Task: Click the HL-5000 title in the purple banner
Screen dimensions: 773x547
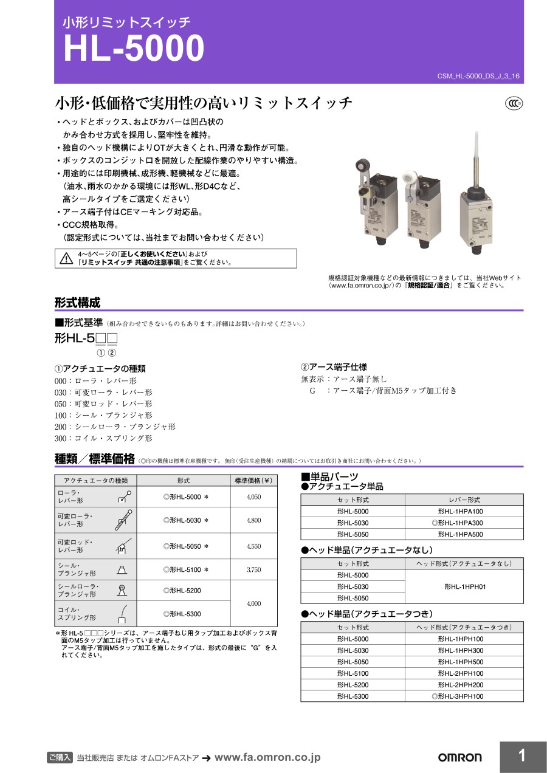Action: coord(134,49)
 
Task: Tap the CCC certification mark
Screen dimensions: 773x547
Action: coord(514,104)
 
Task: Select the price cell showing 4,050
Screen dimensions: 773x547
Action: coord(254,496)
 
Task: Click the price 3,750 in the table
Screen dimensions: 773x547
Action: coord(254,569)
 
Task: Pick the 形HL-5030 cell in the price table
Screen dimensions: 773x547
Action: coord(186,520)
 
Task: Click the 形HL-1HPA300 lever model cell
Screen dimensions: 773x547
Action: coord(460,523)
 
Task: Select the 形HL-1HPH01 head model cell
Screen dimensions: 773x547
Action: coord(465,586)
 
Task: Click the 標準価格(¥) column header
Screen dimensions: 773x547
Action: coord(254,480)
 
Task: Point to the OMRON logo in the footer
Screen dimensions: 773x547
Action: coord(459,757)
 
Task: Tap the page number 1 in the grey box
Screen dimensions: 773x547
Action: coord(522,756)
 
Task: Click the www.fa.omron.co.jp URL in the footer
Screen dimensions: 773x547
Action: coord(267,757)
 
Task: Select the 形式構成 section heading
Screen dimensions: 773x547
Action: coord(77,303)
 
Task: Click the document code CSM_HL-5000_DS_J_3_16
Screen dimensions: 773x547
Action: coord(478,76)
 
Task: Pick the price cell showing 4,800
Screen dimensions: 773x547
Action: coord(254,520)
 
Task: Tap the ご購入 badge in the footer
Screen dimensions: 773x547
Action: coord(60,757)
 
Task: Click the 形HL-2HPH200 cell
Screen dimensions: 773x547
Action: coord(461,685)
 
